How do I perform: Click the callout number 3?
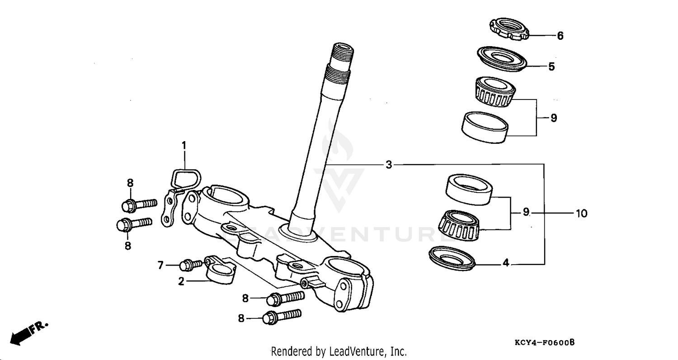click(389, 165)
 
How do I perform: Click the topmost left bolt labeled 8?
click(138, 204)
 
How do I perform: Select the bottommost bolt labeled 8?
click(281, 316)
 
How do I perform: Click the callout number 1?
click(184, 145)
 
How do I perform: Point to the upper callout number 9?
click(554, 118)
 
